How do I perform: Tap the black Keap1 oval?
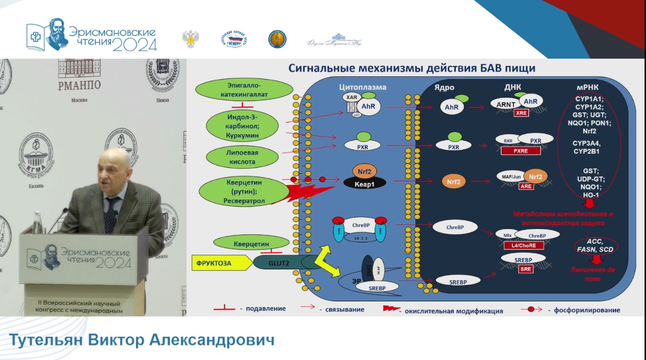pos(365,183)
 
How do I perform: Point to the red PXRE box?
pos(521,151)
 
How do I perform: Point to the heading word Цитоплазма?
pos(362,87)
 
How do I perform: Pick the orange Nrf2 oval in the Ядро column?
pos(454,182)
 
